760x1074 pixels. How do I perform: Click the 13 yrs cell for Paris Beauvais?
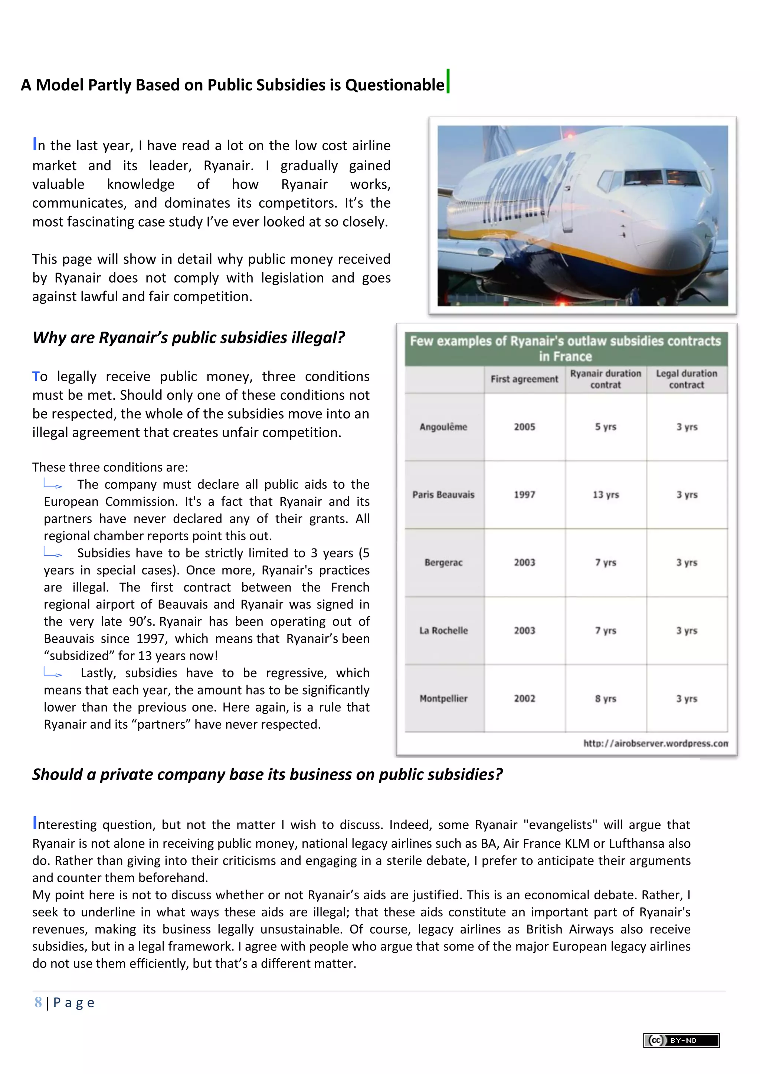point(606,494)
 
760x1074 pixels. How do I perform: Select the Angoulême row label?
point(443,426)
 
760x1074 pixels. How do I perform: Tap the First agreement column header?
point(524,379)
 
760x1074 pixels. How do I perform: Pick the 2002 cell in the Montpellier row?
point(524,698)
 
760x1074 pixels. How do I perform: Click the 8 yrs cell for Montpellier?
point(606,698)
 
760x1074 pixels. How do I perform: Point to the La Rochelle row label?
point(443,630)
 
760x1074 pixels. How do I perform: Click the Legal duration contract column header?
point(687,379)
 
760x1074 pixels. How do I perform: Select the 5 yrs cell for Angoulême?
point(606,426)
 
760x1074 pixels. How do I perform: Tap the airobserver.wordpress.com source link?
point(655,743)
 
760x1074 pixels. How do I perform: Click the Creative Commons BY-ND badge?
point(681,1040)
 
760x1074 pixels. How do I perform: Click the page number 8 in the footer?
point(38,1002)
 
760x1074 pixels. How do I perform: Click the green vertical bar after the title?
point(448,81)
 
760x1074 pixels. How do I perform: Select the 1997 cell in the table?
point(524,494)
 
